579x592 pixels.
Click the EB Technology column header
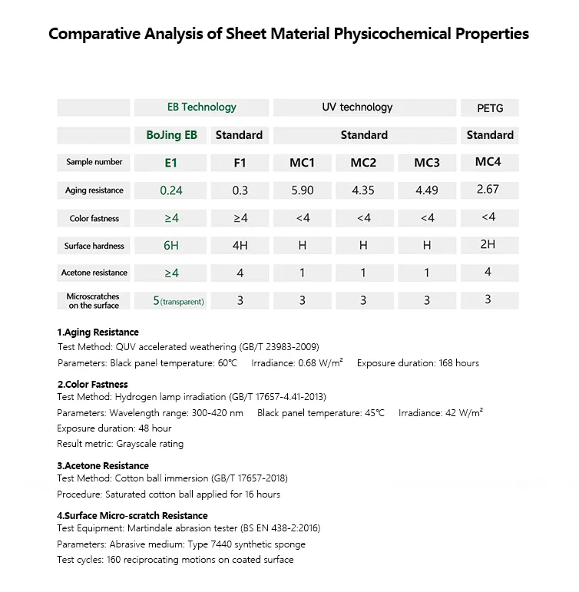[201, 107]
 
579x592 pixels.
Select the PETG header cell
[489, 108]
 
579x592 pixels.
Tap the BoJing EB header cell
[172, 135]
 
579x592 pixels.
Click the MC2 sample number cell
[363, 163]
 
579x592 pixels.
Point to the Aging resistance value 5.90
[303, 190]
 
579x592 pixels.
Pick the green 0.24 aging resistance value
[171, 190]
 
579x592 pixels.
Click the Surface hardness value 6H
[171, 246]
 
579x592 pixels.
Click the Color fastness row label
[94, 219]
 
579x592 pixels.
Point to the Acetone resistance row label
[94, 273]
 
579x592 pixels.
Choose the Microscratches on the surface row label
[94, 300]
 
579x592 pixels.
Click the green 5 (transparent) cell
[178, 301]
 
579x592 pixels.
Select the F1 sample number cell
[240, 163]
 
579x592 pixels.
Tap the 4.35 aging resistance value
[363, 190]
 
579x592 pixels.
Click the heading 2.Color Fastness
[92, 384]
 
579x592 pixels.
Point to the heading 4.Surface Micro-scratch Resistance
[132, 515]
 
